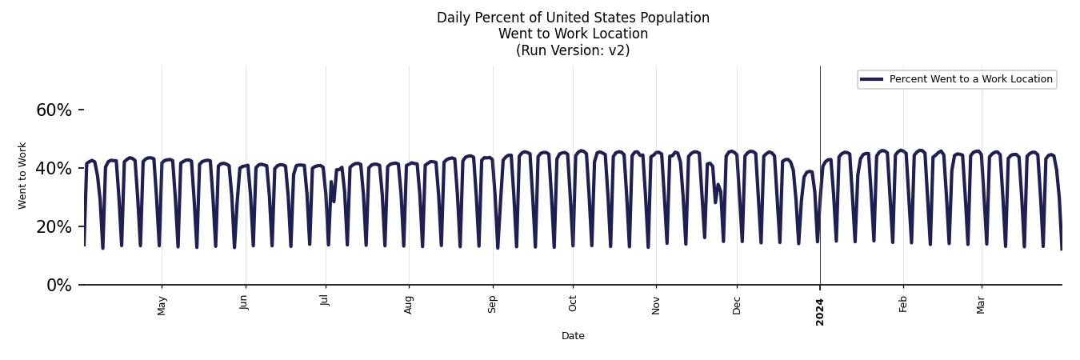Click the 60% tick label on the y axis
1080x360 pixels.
coord(54,110)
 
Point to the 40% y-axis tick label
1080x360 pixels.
coord(54,169)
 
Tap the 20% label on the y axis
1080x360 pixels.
coord(54,227)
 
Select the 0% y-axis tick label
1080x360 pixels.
coord(58,286)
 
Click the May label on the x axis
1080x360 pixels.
coord(162,305)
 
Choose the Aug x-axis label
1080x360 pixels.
coord(409,304)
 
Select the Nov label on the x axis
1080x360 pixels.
coord(656,304)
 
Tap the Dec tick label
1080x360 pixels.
coord(737,304)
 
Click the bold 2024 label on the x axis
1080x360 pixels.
coord(820,310)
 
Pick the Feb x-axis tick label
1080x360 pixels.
coord(903,303)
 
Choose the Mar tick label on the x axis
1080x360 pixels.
coord(981,303)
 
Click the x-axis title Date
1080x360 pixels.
coord(573,336)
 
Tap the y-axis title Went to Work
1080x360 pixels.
coord(22,175)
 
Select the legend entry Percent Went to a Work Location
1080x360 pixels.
coord(970,79)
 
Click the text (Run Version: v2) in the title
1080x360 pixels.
coord(573,50)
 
